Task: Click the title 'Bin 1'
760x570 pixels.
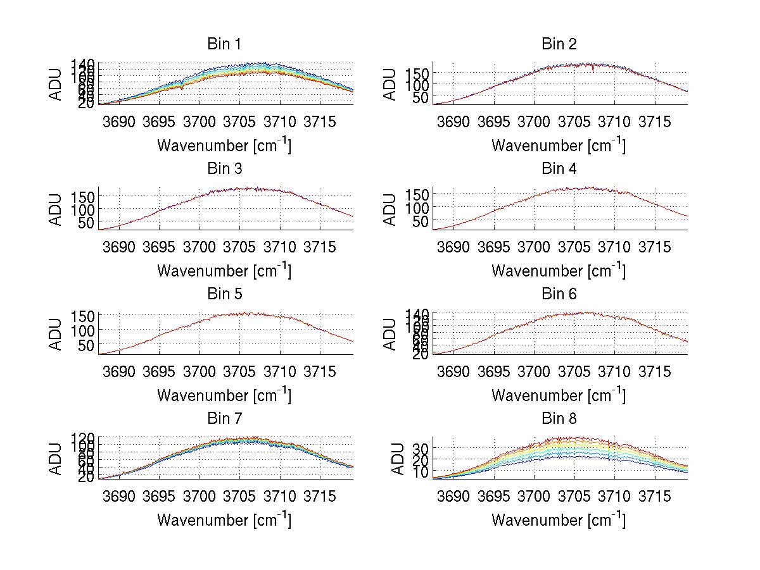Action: pos(224,44)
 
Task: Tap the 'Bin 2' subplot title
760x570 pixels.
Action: pos(559,44)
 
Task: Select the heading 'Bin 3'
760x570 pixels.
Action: pos(224,169)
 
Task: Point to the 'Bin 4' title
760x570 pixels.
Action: pos(559,169)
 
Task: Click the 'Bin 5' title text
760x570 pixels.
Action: pos(224,294)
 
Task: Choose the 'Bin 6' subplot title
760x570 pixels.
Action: pos(559,294)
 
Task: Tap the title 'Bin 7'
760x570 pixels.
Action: pos(224,419)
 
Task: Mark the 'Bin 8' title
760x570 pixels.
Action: pos(559,419)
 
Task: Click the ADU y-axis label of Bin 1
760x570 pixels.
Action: pos(56,83)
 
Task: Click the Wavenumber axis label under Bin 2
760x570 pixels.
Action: pos(559,146)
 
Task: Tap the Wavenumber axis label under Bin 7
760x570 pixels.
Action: pos(224,520)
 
